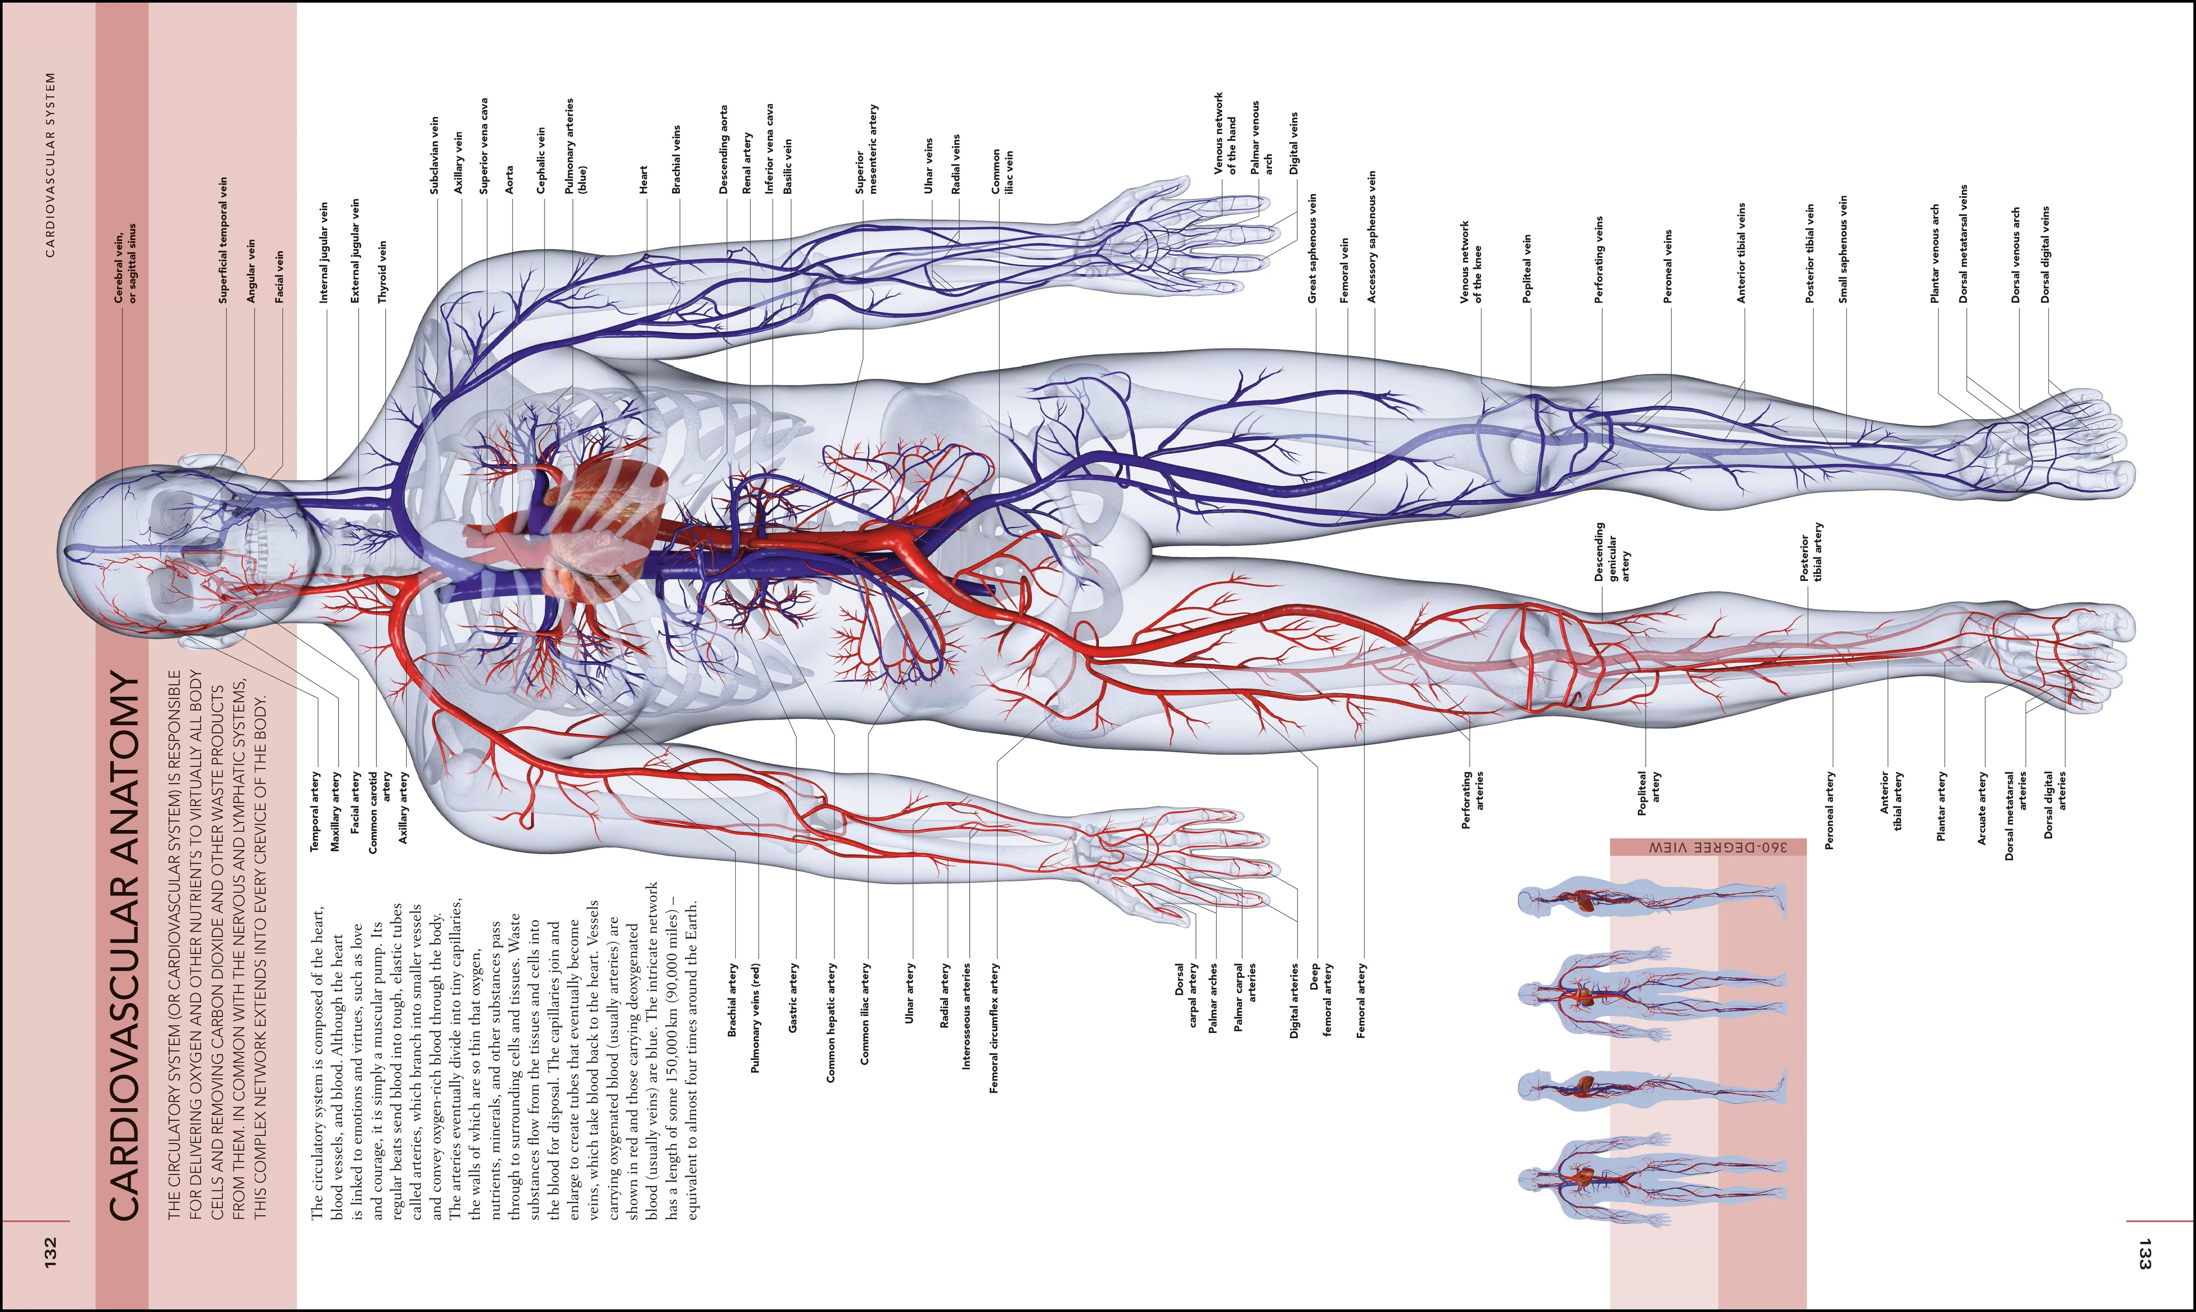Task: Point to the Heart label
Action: (643, 179)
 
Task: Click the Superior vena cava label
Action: (484, 146)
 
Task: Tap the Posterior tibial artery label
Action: (1812, 553)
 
